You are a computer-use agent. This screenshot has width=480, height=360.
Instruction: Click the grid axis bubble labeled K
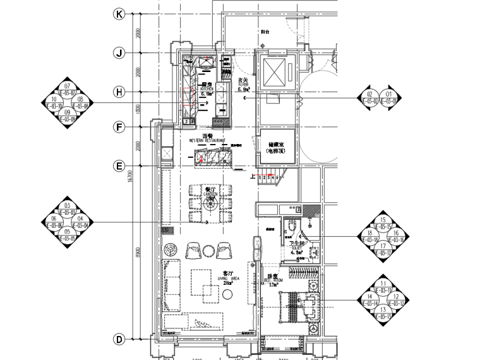pyautogui.click(x=119, y=14)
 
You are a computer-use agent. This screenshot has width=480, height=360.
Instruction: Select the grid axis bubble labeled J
pyautogui.click(x=119, y=53)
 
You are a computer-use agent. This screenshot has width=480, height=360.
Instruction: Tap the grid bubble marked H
pyautogui.click(x=119, y=92)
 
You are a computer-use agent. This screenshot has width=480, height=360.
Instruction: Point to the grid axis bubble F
pyautogui.click(x=119, y=127)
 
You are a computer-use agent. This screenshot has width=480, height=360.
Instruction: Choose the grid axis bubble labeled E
pyautogui.click(x=119, y=166)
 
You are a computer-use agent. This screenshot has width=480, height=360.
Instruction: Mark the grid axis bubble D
pyautogui.click(x=119, y=340)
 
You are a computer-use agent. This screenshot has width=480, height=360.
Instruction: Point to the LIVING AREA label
pyautogui.click(x=227, y=278)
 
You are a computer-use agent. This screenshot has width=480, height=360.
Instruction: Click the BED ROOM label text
pyautogui.click(x=273, y=280)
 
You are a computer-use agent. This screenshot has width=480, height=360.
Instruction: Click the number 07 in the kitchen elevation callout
pyautogui.click(x=66, y=86)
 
